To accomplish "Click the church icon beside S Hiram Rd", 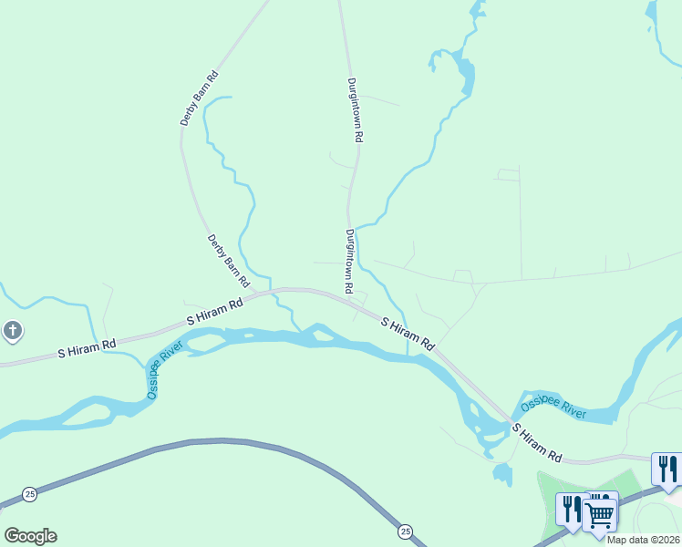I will pos(12,331).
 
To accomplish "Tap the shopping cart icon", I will pos(599,512).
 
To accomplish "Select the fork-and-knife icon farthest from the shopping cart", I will pos(667,469).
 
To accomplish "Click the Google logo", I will pos(30,536).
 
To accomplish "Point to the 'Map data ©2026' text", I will pos(643,540).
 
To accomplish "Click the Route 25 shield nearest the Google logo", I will pos(30,493).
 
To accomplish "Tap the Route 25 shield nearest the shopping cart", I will pos(405,531).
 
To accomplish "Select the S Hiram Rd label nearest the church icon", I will pos(88,347).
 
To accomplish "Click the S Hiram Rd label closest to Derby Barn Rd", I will pos(215,311).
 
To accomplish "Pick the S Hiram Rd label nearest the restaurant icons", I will pos(536,441).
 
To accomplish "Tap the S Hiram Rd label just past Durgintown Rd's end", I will pos(408,335).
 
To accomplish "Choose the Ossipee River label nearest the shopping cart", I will pos(553,408).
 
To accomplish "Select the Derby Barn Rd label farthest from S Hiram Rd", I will pos(200,98).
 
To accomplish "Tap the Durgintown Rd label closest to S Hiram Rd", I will pos(349,261).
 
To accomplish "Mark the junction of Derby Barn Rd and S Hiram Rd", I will pos(272,292).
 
